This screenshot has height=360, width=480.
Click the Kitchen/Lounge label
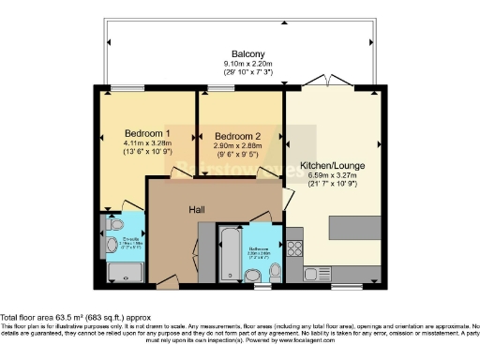pos(332,165)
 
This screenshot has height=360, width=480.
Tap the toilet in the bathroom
pos(275,271)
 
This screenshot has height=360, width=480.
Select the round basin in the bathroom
pos(252,275)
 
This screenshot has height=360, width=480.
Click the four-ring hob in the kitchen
pos(294,248)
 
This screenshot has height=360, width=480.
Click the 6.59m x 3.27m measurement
pos(332,175)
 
